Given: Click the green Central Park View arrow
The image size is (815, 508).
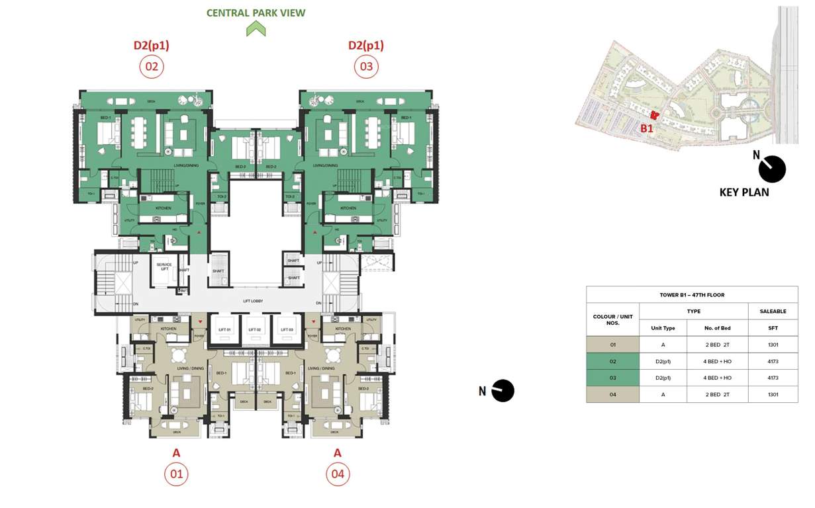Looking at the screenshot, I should pyautogui.click(x=256, y=28).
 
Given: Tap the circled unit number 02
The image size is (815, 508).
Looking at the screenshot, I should pyautogui.click(x=152, y=67).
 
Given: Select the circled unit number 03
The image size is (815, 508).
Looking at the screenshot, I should pyautogui.click(x=366, y=67).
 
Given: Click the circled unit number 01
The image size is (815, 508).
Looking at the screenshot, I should pyautogui.click(x=176, y=474).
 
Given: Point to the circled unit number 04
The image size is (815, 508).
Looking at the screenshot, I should pyautogui.click(x=338, y=474).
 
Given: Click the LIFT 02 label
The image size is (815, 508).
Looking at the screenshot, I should pyautogui.click(x=255, y=329).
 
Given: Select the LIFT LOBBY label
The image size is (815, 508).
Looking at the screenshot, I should pyautogui.click(x=256, y=300).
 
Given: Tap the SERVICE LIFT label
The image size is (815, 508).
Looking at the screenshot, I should pyautogui.click(x=164, y=267).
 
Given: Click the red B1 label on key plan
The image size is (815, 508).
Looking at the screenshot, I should pyautogui.click(x=647, y=128).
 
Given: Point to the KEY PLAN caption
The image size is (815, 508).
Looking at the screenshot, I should pyautogui.click(x=744, y=192).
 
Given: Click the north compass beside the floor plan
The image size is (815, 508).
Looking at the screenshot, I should pyautogui.click(x=503, y=391).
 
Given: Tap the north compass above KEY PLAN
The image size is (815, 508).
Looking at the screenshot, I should pyautogui.click(x=771, y=169).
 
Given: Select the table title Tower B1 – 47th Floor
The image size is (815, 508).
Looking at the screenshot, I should pyautogui.click(x=692, y=295).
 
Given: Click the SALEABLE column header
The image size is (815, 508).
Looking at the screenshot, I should pyautogui.click(x=773, y=311).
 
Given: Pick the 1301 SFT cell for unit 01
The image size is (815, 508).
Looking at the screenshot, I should pyautogui.click(x=773, y=345).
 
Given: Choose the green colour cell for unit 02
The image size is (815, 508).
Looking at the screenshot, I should pyautogui.click(x=612, y=361).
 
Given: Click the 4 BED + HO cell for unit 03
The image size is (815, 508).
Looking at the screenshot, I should pyautogui.click(x=717, y=378).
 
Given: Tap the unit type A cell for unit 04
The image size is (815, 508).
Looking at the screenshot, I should pyautogui.click(x=663, y=394).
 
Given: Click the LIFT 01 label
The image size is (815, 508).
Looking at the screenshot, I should pyautogui.click(x=224, y=329).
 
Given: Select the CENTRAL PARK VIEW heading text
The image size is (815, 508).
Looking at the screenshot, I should pyautogui.click(x=256, y=13).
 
